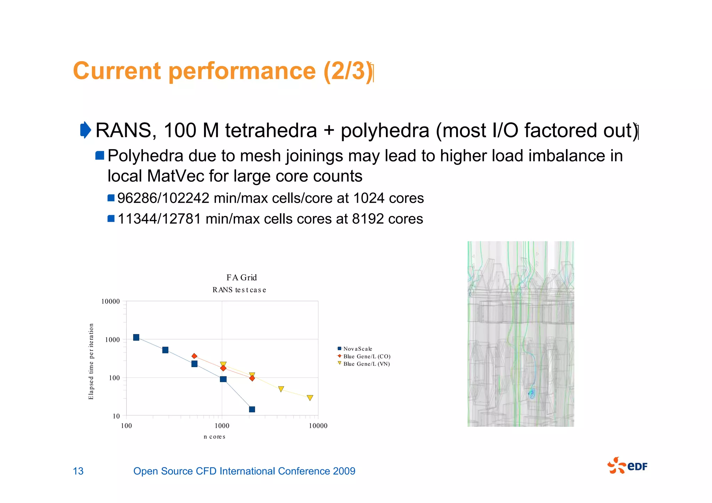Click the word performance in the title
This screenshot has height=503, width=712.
tap(242, 71)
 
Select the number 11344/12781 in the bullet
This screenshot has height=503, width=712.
tap(159, 219)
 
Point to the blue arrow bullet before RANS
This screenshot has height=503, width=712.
tap(85, 130)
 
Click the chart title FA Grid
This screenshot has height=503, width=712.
tap(241, 277)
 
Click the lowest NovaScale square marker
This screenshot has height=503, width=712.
tap(252, 409)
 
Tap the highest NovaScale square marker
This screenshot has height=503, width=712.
tap(136, 338)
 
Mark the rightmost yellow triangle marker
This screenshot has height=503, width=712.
tap(310, 398)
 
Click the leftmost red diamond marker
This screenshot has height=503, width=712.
tap(194, 356)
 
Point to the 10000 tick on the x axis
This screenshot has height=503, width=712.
tap(318, 426)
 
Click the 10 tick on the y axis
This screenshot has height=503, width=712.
tap(116, 416)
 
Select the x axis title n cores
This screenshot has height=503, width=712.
tap(215, 437)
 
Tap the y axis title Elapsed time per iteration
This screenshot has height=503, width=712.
tap(91, 362)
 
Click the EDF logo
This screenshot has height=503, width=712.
tap(627, 466)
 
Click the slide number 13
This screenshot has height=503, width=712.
tap(78, 471)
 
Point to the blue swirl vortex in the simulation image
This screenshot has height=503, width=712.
tap(531, 394)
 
